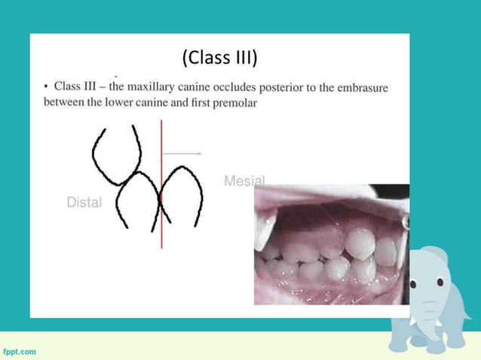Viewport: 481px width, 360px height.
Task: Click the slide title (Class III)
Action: point(219,57)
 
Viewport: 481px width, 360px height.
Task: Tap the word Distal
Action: point(84,202)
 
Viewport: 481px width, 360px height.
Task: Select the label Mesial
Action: point(244,181)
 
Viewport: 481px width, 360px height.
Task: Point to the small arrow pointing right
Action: point(182,154)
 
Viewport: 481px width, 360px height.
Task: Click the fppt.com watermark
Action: point(19,351)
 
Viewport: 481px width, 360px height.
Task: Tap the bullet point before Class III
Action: point(46,87)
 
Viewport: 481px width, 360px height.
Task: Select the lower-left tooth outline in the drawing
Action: point(136,200)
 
